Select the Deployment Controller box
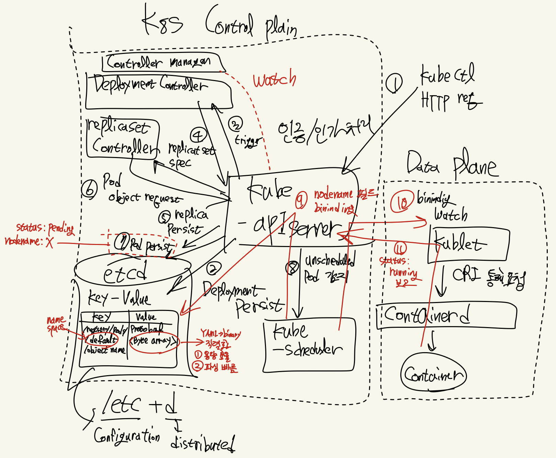[158, 91]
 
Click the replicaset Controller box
[123, 138]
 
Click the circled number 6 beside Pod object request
[90, 189]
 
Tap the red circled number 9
[301, 200]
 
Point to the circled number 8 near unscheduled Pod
[292, 268]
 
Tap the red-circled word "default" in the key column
[102, 340]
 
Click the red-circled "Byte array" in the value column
[154, 341]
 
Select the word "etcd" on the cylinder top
[125, 273]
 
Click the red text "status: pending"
[45, 228]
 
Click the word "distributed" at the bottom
[203, 444]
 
